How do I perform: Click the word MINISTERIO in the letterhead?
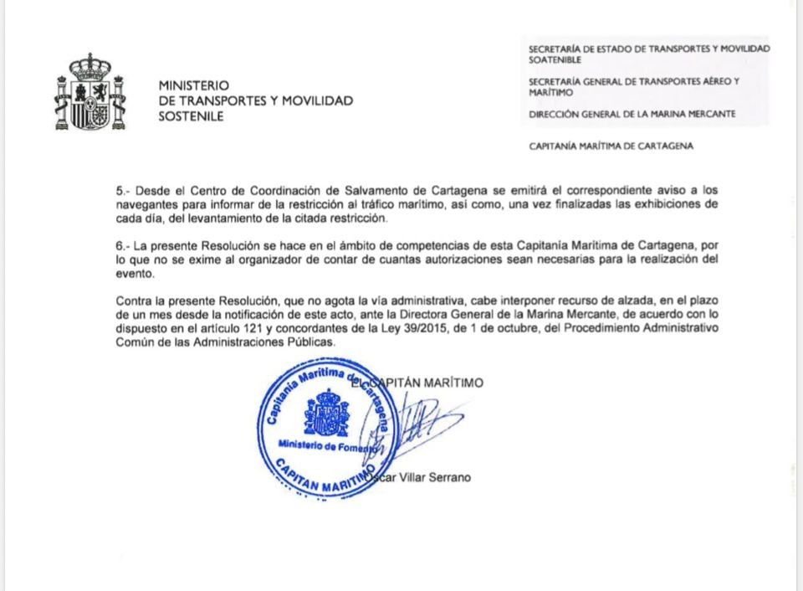pyautogui.click(x=193, y=85)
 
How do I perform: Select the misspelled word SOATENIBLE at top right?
pyautogui.click(x=555, y=60)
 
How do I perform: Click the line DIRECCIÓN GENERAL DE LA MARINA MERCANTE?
pyautogui.click(x=632, y=114)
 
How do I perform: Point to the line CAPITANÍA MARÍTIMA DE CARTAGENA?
pyautogui.click(x=611, y=146)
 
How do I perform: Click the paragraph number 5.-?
pyautogui.click(x=123, y=191)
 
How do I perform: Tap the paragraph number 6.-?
pyautogui.click(x=123, y=245)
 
